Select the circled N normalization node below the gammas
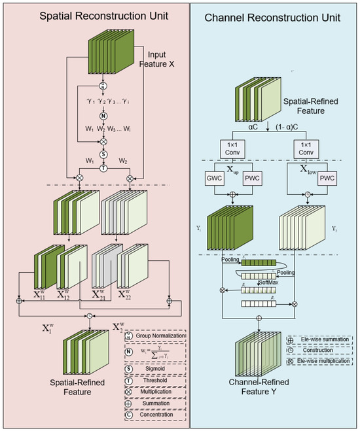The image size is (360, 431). point(103,115)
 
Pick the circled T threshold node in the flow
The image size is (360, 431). point(103,167)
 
